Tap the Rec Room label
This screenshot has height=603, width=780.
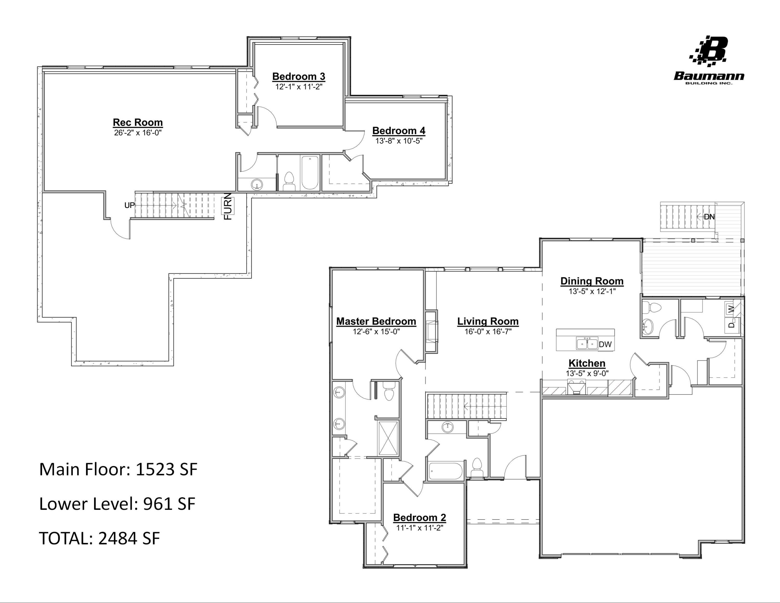point(138,123)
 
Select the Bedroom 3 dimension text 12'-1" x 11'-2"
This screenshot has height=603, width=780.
point(298,87)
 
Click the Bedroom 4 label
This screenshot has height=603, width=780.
point(399,131)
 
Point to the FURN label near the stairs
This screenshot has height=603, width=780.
point(228,207)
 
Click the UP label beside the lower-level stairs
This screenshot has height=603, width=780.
point(129,206)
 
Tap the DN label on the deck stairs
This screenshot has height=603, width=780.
point(709,217)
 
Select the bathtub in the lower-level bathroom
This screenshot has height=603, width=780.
point(310,173)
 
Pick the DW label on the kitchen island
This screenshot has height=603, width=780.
point(605,344)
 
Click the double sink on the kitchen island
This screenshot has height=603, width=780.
point(587,344)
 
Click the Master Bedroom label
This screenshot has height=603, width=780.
point(376,322)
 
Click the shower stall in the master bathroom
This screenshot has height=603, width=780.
point(388,438)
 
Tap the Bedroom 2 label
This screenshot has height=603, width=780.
point(419,518)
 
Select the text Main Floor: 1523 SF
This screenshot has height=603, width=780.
point(118,469)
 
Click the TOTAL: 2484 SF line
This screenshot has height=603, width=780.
point(99,538)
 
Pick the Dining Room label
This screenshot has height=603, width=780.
point(592,281)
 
